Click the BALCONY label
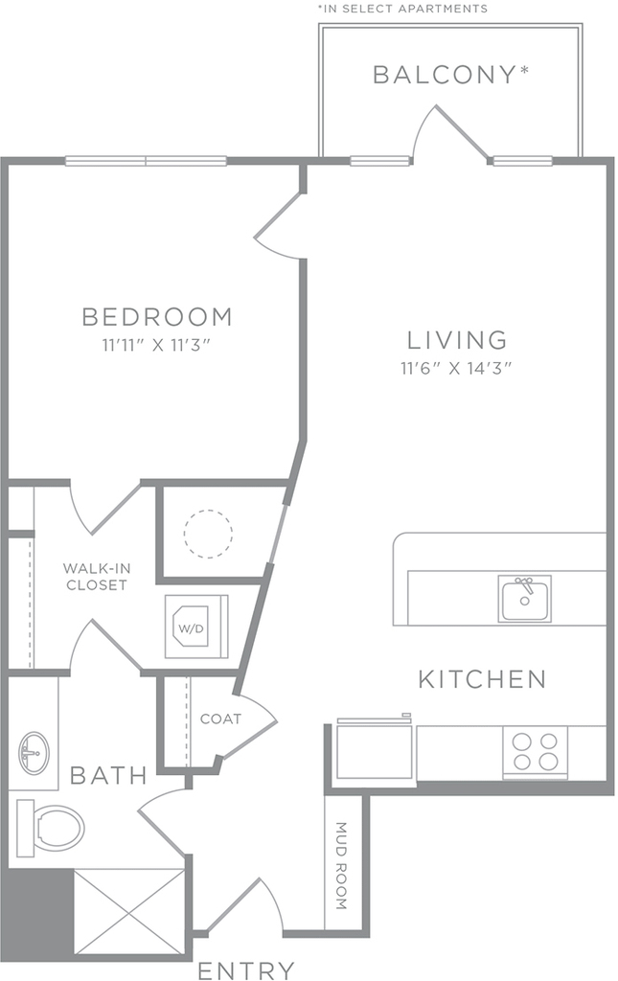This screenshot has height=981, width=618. [451, 75]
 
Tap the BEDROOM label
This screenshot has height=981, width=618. [158, 316]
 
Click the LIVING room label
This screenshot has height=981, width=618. [457, 340]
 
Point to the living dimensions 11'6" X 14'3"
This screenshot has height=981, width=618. [456, 368]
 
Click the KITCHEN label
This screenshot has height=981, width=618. [482, 679]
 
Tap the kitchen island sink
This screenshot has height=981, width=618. [525, 599]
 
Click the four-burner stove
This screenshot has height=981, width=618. [535, 752]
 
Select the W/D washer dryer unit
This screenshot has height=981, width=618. [196, 627]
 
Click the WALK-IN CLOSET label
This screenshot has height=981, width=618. [97, 577]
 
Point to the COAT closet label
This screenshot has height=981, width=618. [220, 719]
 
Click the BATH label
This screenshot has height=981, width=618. [109, 776]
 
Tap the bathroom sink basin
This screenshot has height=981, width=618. [34, 753]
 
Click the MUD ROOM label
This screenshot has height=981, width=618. [341, 865]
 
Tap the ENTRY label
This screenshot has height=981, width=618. [246, 970]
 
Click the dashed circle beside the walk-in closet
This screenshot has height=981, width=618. [208, 534]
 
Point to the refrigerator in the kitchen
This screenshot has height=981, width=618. [375, 749]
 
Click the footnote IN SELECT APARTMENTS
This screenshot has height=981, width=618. [402, 8]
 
